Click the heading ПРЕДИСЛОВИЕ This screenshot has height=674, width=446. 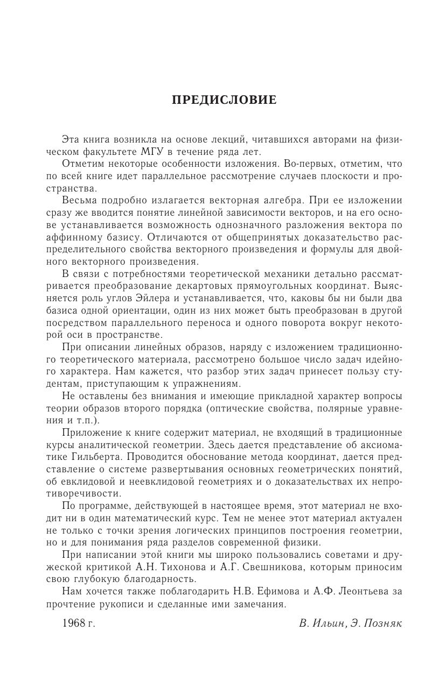224,100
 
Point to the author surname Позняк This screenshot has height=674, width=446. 383,623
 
